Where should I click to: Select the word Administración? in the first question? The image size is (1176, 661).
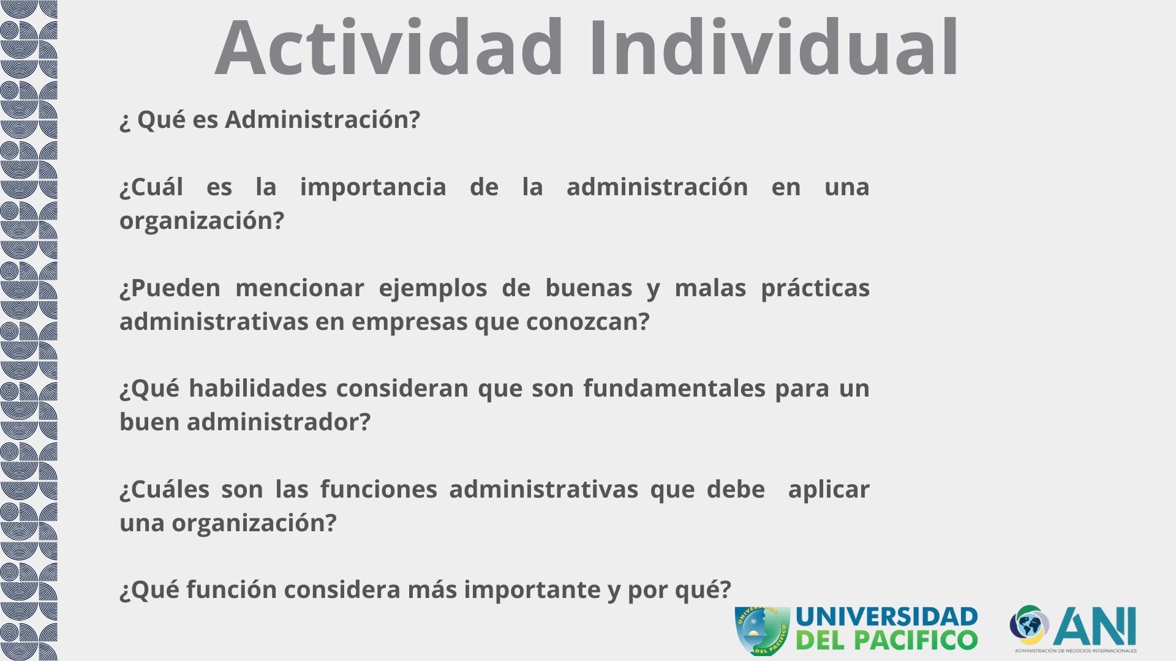(322, 119)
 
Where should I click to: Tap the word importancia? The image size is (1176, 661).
(373, 187)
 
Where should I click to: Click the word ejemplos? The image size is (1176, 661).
(433, 288)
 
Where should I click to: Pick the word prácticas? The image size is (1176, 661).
(815, 288)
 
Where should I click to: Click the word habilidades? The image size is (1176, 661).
(258, 388)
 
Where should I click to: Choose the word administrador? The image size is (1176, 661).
(279, 422)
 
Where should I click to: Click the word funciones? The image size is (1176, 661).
(379, 489)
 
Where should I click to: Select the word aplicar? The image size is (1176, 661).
(829, 490)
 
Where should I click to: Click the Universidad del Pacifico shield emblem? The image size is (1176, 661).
(762, 630)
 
